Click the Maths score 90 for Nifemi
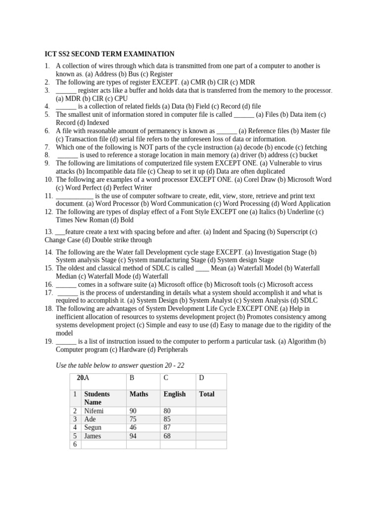(133, 410)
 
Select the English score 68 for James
(167, 436)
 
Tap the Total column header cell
(206, 394)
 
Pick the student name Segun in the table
(93, 427)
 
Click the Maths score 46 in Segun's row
(133, 427)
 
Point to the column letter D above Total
(201, 378)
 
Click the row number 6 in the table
(75, 444)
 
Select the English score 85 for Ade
(167, 419)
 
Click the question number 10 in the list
(48, 180)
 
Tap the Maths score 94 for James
(133, 436)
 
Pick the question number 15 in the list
(48, 268)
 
